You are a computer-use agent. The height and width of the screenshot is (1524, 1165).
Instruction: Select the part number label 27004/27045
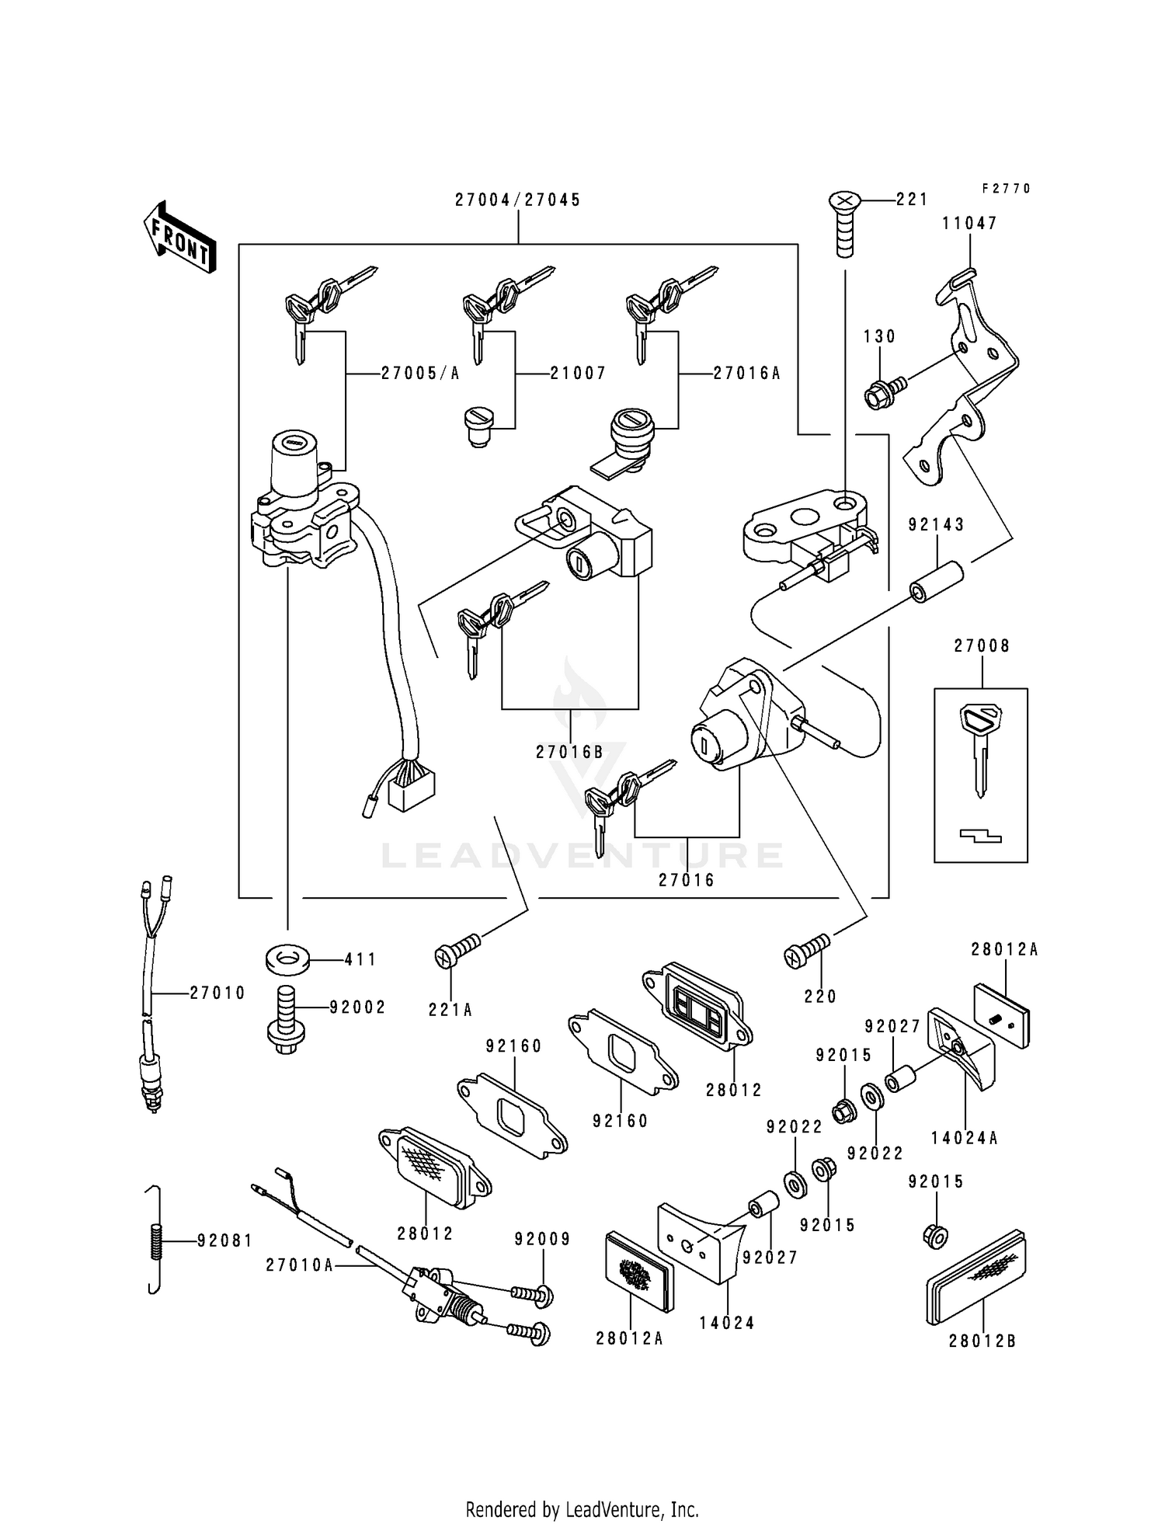point(517,200)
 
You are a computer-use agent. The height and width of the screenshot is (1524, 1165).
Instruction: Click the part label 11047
point(969,224)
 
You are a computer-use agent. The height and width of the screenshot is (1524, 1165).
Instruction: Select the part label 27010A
point(300,1265)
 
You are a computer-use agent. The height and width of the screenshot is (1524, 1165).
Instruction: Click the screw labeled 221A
point(457,952)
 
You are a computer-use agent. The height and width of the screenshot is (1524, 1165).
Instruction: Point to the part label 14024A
point(965,1140)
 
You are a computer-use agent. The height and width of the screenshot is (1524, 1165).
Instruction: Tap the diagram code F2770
point(1005,189)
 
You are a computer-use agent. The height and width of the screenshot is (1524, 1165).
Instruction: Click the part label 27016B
point(569,752)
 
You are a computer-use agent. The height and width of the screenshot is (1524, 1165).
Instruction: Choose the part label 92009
point(542,1239)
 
